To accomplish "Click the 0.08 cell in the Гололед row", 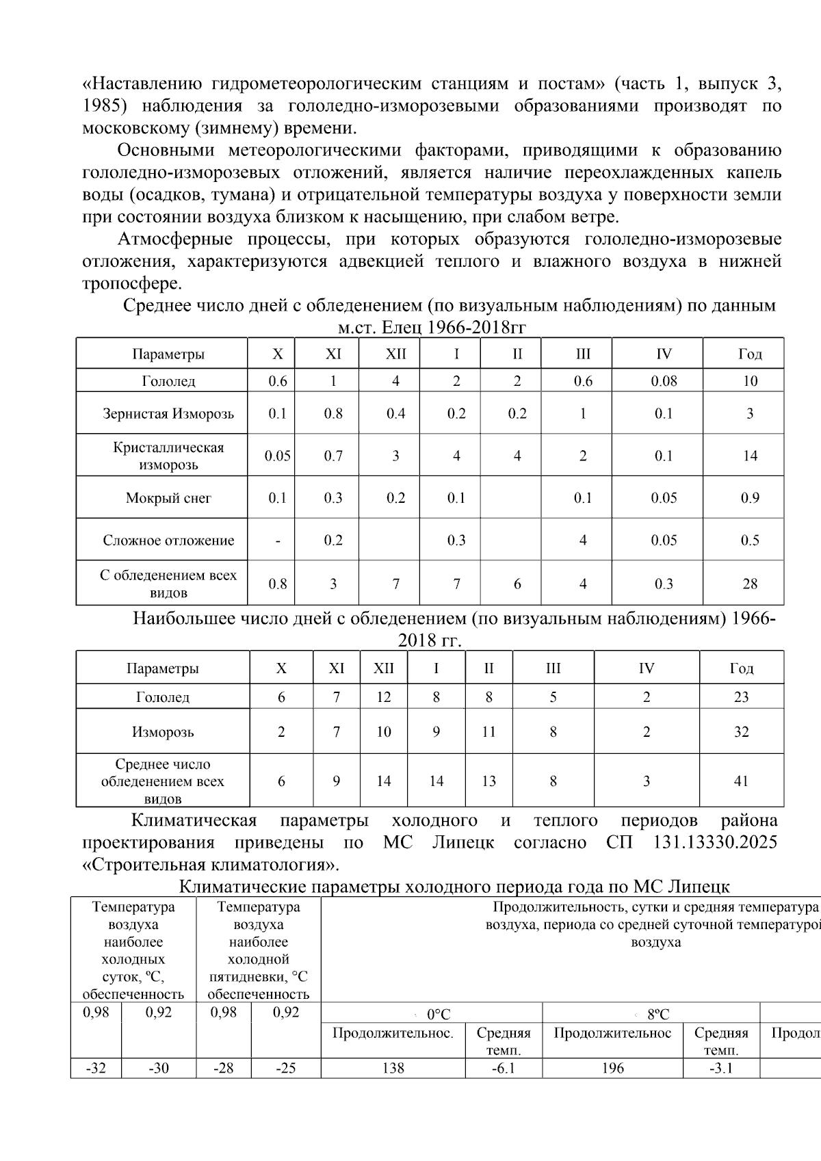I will [x=663, y=381].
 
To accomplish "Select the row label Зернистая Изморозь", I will [x=168, y=413].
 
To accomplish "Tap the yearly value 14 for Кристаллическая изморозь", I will [x=750, y=456].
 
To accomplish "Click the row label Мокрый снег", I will [x=168, y=498].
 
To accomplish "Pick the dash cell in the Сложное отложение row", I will [x=278, y=540].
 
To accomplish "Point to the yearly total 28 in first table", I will [x=750, y=584].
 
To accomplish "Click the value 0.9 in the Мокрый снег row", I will [x=750, y=498].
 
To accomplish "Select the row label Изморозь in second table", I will [x=163, y=732].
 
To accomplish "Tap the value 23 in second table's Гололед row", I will [x=741, y=697].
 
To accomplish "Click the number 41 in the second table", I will [x=741, y=781].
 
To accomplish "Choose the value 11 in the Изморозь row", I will [x=488, y=732].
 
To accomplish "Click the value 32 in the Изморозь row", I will [x=741, y=732].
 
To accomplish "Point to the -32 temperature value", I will [x=96, y=1068].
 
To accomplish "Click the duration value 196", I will [x=612, y=1068].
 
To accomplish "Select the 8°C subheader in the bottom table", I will [x=657, y=1015].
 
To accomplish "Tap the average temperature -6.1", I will [x=504, y=1068].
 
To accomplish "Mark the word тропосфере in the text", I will [x=131, y=283].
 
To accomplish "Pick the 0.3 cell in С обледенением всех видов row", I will [x=663, y=584].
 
